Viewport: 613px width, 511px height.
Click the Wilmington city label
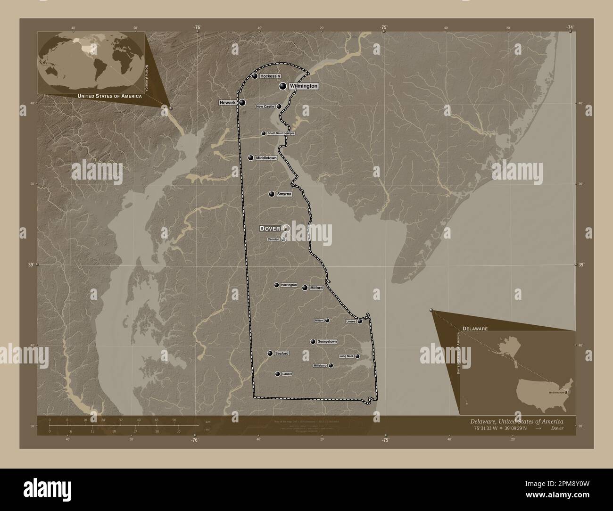(303, 86)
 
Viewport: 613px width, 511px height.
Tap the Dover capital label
(270, 228)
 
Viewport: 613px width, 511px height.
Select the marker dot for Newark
(242, 102)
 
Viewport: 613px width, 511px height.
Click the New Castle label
(265, 107)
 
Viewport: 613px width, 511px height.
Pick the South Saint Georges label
(281, 133)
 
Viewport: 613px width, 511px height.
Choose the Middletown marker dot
(251, 158)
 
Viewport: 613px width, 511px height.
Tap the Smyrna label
(284, 194)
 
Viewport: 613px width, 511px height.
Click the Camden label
(273, 239)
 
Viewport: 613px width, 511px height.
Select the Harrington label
(289, 285)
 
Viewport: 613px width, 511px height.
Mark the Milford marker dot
(305, 288)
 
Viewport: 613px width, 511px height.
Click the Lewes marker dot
(360, 321)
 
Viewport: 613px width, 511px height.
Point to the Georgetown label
(327, 341)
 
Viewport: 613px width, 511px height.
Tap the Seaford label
(282, 353)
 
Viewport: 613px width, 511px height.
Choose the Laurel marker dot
(278, 374)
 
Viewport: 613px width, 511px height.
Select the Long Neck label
(347, 356)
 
